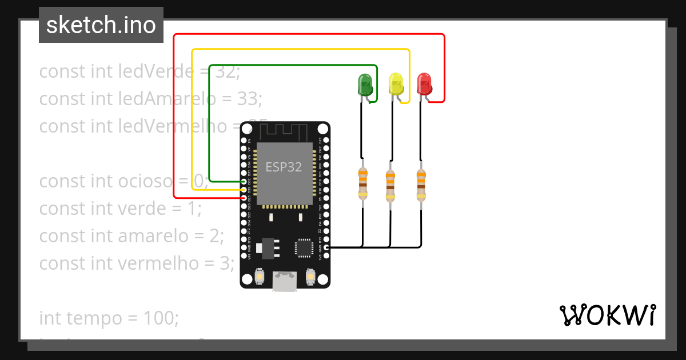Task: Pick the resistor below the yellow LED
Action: pyautogui.click(x=390, y=186)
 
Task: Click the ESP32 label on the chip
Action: pyautogui.click(x=283, y=166)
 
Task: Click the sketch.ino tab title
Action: pyautogui.click(x=101, y=25)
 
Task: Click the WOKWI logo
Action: pyautogui.click(x=607, y=315)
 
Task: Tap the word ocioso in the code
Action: pyautogui.click(x=145, y=181)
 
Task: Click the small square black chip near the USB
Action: pyautogui.click(x=303, y=247)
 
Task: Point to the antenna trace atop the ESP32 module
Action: pyautogui.click(x=284, y=133)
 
